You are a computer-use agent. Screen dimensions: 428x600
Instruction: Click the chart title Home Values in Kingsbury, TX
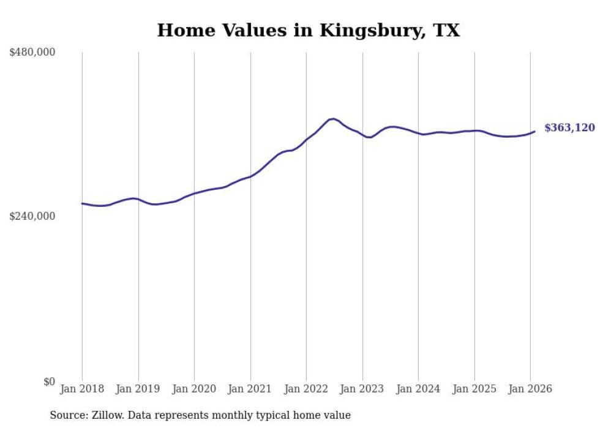(x=308, y=30)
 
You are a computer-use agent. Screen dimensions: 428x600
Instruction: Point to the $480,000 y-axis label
(x=32, y=53)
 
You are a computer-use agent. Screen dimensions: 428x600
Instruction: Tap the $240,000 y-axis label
(x=32, y=216)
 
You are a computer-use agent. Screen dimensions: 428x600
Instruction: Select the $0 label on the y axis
(x=49, y=381)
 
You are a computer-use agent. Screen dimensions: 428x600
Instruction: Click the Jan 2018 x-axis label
(x=82, y=389)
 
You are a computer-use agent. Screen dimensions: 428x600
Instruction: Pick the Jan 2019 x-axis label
(x=138, y=389)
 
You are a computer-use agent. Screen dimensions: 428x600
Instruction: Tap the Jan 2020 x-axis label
(x=194, y=389)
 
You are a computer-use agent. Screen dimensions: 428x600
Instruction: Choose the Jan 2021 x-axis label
(x=250, y=389)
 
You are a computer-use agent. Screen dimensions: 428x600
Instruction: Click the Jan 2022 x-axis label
(x=306, y=389)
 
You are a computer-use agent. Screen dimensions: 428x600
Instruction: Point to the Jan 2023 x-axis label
(x=362, y=389)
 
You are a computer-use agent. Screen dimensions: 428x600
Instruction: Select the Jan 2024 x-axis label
(x=418, y=389)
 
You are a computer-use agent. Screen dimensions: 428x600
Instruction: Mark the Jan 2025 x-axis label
(x=474, y=389)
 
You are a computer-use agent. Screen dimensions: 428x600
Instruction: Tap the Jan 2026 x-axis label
(x=530, y=389)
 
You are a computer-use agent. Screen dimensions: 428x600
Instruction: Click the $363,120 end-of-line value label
(x=569, y=128)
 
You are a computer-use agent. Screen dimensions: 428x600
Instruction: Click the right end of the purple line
(x=534, y=131)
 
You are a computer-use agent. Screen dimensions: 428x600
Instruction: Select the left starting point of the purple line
(x=82, y=203)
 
